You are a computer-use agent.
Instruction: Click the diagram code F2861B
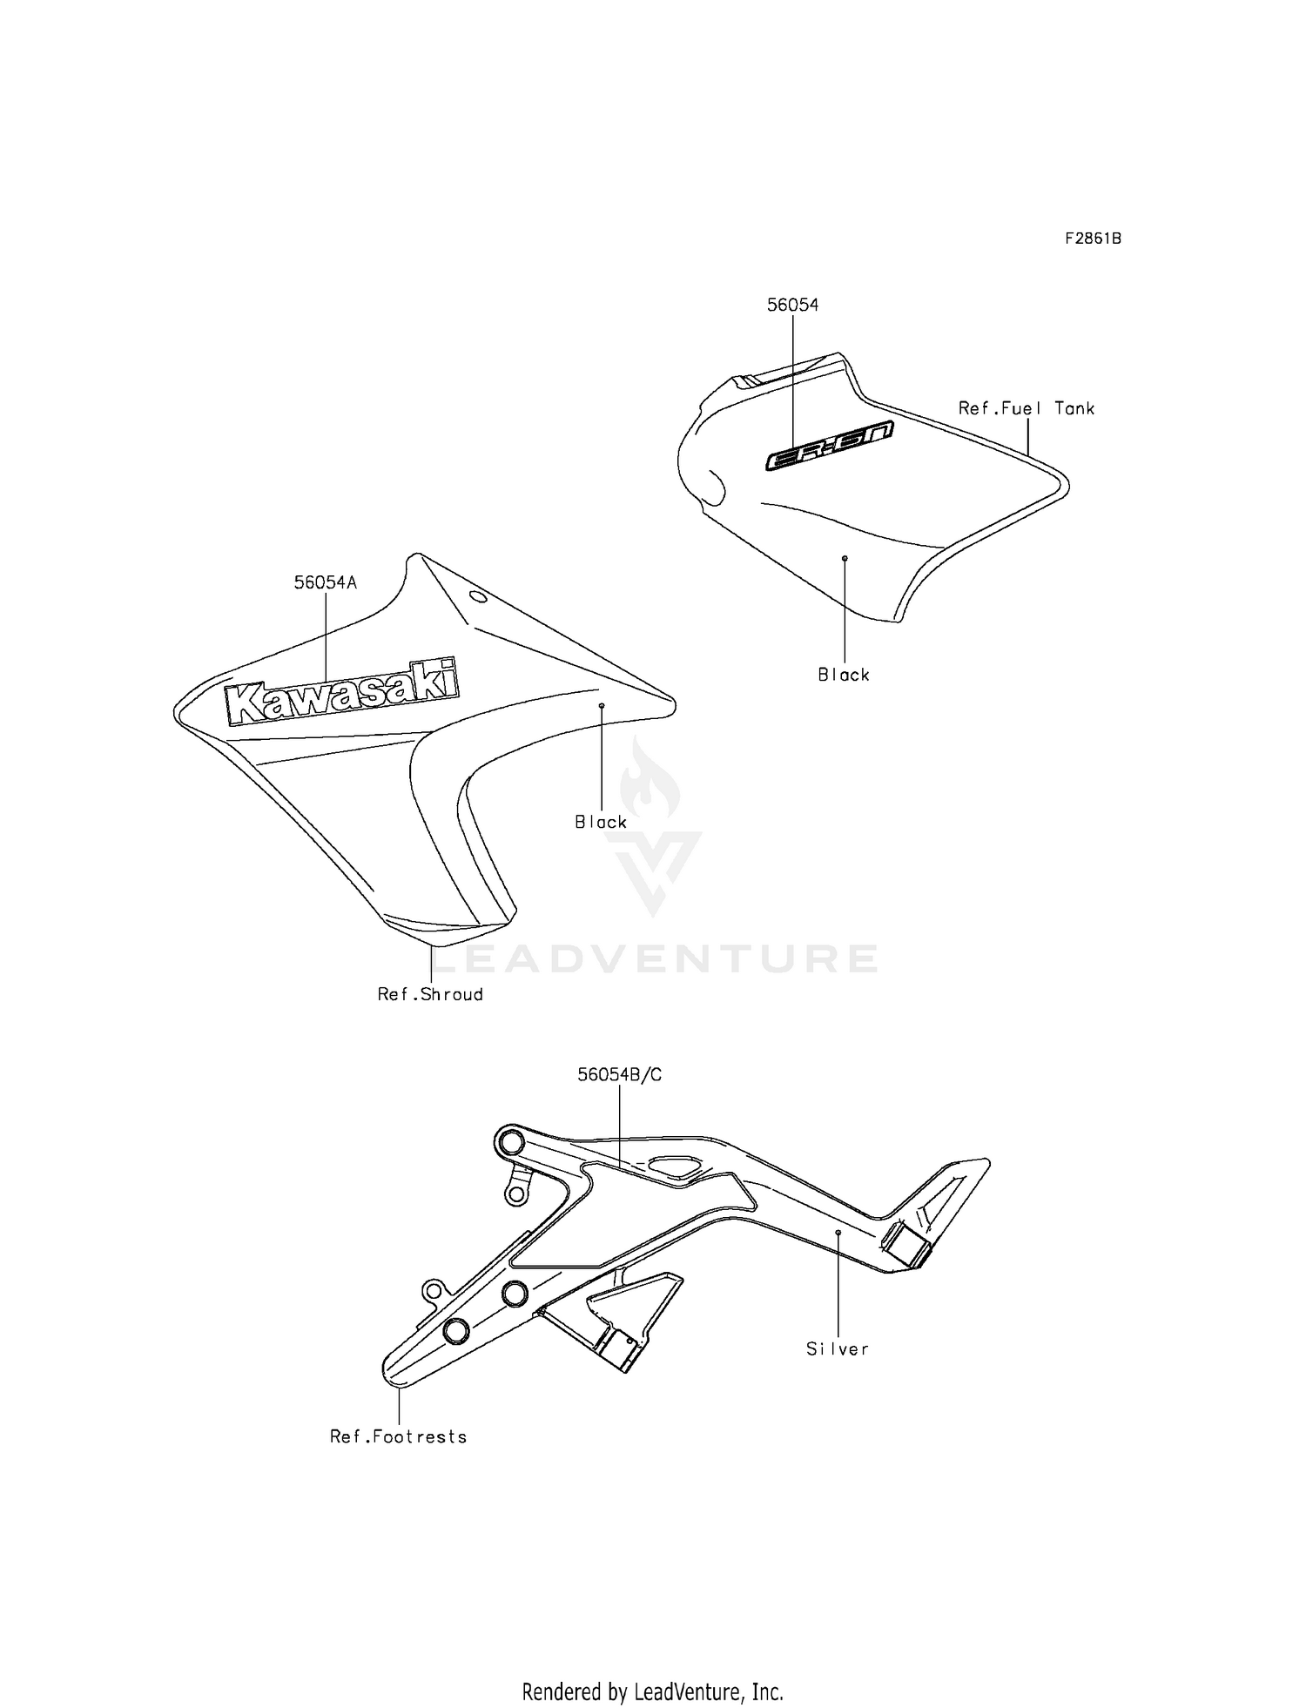pos(1093,239)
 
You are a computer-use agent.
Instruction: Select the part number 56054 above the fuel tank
pos(792,305)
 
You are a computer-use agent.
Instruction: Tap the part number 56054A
pos(325,583)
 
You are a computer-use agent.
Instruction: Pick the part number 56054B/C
pos(619,1075)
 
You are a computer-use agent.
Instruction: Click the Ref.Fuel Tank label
pos(1027,408)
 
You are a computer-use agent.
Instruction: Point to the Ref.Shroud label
pos(430,994)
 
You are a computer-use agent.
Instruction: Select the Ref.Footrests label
pos(398,1437)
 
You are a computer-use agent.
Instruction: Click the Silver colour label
pos(838,1349)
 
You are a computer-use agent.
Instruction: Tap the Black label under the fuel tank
pos(844,675)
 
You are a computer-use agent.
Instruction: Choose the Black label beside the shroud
pos(601,822)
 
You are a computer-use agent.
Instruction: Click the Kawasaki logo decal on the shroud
pos(340,692)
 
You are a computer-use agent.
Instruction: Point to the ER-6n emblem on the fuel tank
pos(829,447)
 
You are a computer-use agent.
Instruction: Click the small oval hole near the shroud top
pos(477,597)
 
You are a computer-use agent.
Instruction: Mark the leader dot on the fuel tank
pos(845,557)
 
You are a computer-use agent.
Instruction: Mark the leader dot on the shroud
pos(601,704)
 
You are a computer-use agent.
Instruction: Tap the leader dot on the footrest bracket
pos(838,1233)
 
